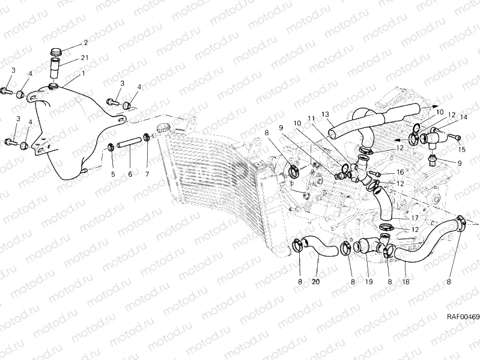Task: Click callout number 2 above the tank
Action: point(85,43)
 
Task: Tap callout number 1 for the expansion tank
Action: point(82,73)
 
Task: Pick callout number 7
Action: point(148,174)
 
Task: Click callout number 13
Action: point(325,114)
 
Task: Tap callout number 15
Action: point(460,149)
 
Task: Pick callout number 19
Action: point(368,281)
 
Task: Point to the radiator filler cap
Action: point(162,127)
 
